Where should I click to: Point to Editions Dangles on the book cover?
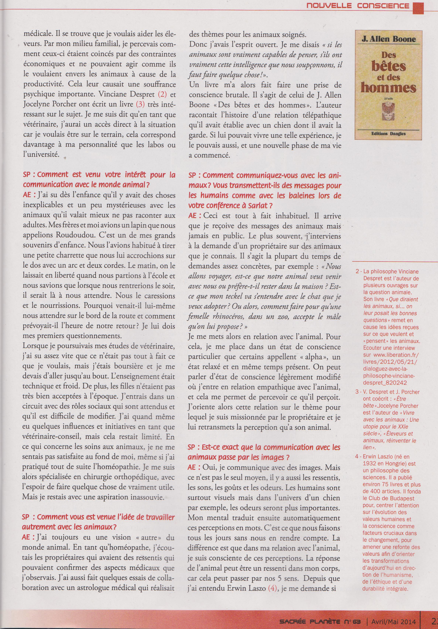tap(388, 133)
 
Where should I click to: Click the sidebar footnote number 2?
tap(357, 271)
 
